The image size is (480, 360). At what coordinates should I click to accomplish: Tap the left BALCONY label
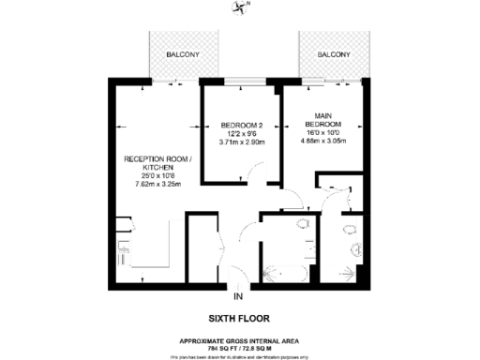(183, 55)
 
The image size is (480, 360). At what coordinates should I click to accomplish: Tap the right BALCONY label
(333, 55)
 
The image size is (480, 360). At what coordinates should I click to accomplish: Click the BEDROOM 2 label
(239, 126)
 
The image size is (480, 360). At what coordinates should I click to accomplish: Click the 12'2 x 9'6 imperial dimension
(239, 134)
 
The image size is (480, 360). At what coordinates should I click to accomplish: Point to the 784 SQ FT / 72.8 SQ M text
(240, 348)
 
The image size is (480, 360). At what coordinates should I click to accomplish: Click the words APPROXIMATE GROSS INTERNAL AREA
(240, 340)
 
